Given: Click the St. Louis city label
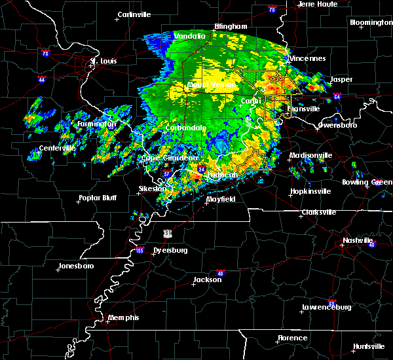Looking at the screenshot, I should pyautogui.click(x=103, y=61).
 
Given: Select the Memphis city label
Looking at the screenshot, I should pyautogui.click(x=124, y=317).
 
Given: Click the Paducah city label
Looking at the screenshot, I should pyautogui.click(x=223, y=175).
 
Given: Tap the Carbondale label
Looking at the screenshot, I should pyautogui.click(x=186, y=128).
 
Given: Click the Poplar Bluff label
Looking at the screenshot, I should pyautogui.click(x=97, y=198).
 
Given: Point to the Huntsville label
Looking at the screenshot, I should pyautogui.click(x=369, y=346).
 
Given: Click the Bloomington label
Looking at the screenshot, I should pyautogui.click(x=371, y=22).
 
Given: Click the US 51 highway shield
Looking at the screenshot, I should pyautogui.click(x=168, y=233).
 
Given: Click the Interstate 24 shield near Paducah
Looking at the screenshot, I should pyautogui.click(x=202, y=168).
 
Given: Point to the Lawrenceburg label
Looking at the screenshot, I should pyautogui.click(x=327, y=307).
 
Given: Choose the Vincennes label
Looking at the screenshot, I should pyautogui.click(x=308, y=58).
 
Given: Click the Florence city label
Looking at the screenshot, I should pyautogui.click(x=291, y=338).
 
